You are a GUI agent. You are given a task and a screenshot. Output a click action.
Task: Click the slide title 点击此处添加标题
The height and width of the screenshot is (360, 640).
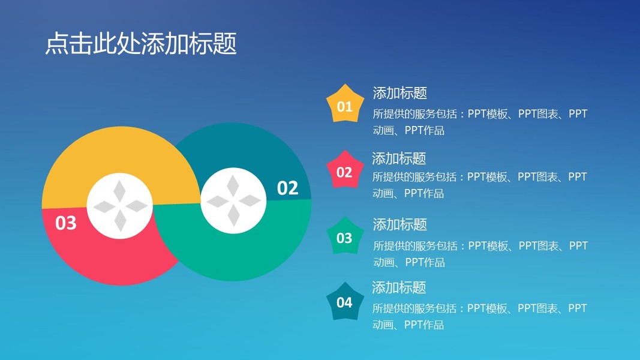[141, 44]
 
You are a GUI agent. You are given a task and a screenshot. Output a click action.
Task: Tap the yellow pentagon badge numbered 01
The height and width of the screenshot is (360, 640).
[345, 104]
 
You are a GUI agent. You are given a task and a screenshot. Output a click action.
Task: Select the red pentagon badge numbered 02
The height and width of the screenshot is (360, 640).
[345, 170]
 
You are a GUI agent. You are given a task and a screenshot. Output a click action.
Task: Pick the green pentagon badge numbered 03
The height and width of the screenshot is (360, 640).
[345, 236]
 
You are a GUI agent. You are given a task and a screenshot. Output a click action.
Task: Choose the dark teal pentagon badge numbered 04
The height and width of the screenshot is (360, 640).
[345, 302]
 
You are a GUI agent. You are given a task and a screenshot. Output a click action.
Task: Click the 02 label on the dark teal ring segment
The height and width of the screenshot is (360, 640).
[287, 188]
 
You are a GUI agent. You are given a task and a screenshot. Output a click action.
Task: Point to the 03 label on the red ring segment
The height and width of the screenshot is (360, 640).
[66, 223]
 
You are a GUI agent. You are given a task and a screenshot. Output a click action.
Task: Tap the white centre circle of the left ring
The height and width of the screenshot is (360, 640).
[120, 206]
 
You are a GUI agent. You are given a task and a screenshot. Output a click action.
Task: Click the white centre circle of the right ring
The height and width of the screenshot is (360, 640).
[233, 200]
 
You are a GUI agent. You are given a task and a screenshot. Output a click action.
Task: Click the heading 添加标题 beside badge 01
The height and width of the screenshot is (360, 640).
[399, 93]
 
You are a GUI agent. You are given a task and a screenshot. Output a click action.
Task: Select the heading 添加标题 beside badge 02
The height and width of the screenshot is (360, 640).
[399, 158]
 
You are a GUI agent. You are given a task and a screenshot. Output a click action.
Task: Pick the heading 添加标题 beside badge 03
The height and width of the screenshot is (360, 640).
[399, 224]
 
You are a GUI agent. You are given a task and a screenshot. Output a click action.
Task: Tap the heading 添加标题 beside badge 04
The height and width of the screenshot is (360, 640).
[399, 287]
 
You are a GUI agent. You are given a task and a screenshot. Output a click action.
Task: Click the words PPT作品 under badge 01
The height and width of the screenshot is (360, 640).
[425, 130]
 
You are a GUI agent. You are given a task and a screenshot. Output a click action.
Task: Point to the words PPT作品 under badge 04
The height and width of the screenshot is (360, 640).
[423, 325]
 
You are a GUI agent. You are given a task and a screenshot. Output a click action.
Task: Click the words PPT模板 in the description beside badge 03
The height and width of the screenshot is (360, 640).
[489, 246]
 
